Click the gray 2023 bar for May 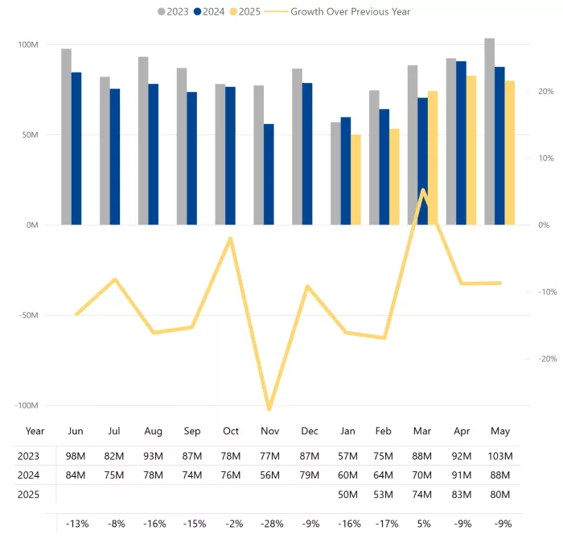489,131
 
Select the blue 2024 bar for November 269,175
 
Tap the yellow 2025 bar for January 355,180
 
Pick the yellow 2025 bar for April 471,151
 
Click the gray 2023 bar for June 67,137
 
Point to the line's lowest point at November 269,409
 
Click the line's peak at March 423,190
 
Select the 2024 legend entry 209,12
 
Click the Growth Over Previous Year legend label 350,12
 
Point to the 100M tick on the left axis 28,44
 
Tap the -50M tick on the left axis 28,316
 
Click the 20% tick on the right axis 546,91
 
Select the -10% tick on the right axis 548,292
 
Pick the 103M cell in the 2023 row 500,456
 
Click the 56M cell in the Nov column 269,475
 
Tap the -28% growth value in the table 272,524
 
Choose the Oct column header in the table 231,431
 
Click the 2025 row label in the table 28,495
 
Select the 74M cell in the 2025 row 422,495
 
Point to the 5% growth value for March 424,524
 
